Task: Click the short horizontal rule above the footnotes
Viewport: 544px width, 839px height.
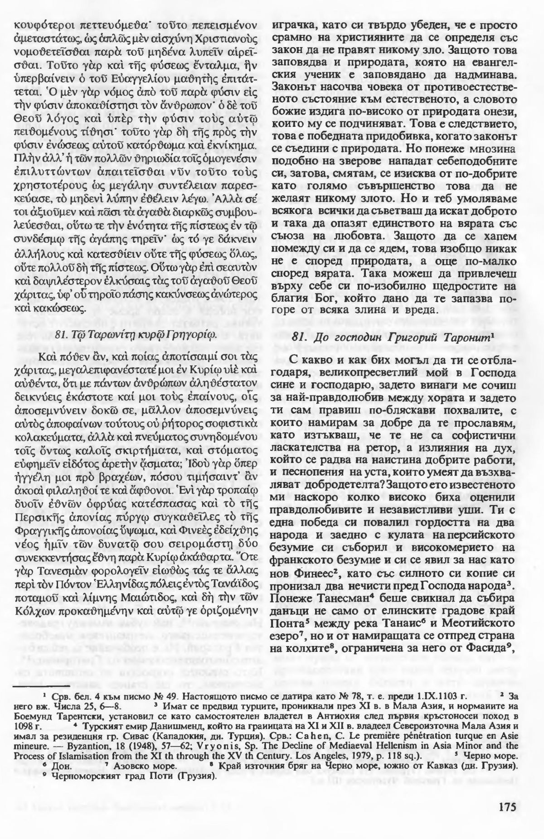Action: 37,687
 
